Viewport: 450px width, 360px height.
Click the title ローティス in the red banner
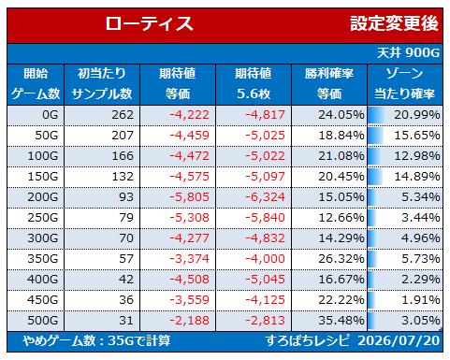click(x=149, y=24)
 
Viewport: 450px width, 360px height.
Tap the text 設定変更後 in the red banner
click(x=394, y=23)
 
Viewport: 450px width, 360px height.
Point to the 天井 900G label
click(x=408, y=52)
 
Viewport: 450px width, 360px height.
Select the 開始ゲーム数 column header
click(x=36, y=84)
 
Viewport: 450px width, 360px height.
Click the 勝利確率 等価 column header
click(x=329, y=84)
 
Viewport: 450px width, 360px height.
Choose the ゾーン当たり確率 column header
click(x=405, y=84)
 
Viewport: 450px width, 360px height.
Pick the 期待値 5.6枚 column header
click(x=254, y=84)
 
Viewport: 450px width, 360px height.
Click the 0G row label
click(x=51, y=115)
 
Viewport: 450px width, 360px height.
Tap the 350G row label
click(x=43, y=259)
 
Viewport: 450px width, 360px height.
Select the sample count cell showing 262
click(x=123, y=115)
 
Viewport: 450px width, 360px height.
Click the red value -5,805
click(x=189, y=197)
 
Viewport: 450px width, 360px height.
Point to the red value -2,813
click(x=265, y=321)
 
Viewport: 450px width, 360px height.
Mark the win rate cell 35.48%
click(x=341, y=321)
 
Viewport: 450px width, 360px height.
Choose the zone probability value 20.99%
click(x=417, y=115)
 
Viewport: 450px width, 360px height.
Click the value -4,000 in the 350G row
click(x=265, y=259)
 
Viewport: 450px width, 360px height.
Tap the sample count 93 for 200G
click(x=126, y=197)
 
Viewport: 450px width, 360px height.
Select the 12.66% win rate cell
click(x=341, y=218)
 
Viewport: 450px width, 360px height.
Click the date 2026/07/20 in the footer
click(x=399, y=340)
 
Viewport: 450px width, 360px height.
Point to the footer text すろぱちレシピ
click(x=308, y=340)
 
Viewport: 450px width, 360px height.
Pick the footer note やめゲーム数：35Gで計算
click(x=96, y=340)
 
